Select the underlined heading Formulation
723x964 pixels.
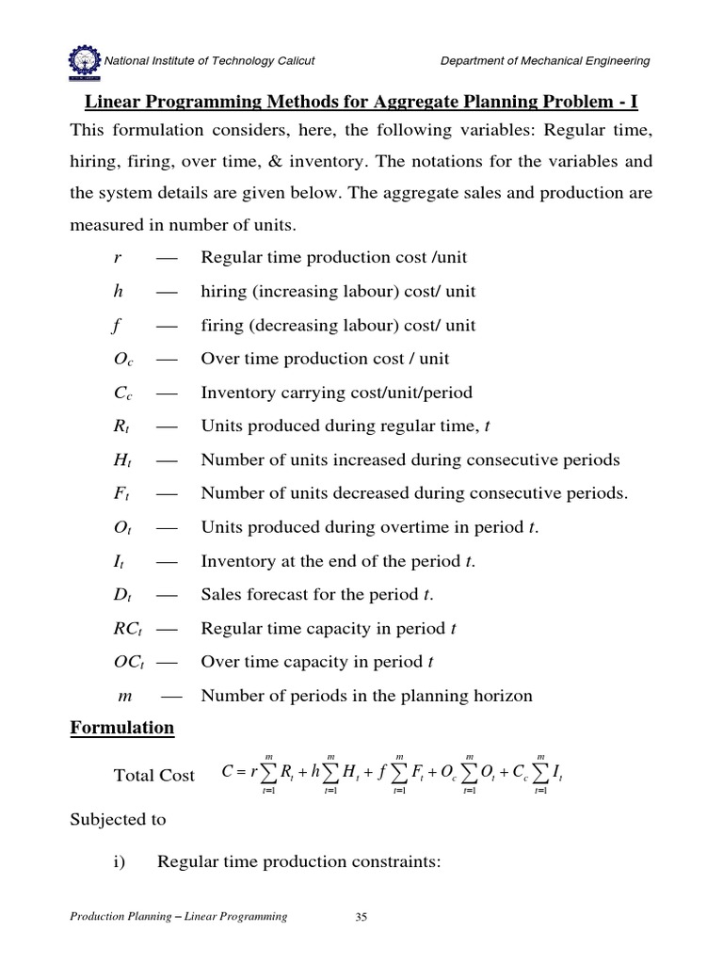(122, 728)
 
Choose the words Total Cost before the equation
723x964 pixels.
(153, 776)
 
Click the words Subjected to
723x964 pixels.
(119, 819)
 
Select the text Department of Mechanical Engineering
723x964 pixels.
(545, 61)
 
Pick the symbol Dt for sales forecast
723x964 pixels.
(120, 596)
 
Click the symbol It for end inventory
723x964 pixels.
(117, 562)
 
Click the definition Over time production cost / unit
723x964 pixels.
(325, 359)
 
